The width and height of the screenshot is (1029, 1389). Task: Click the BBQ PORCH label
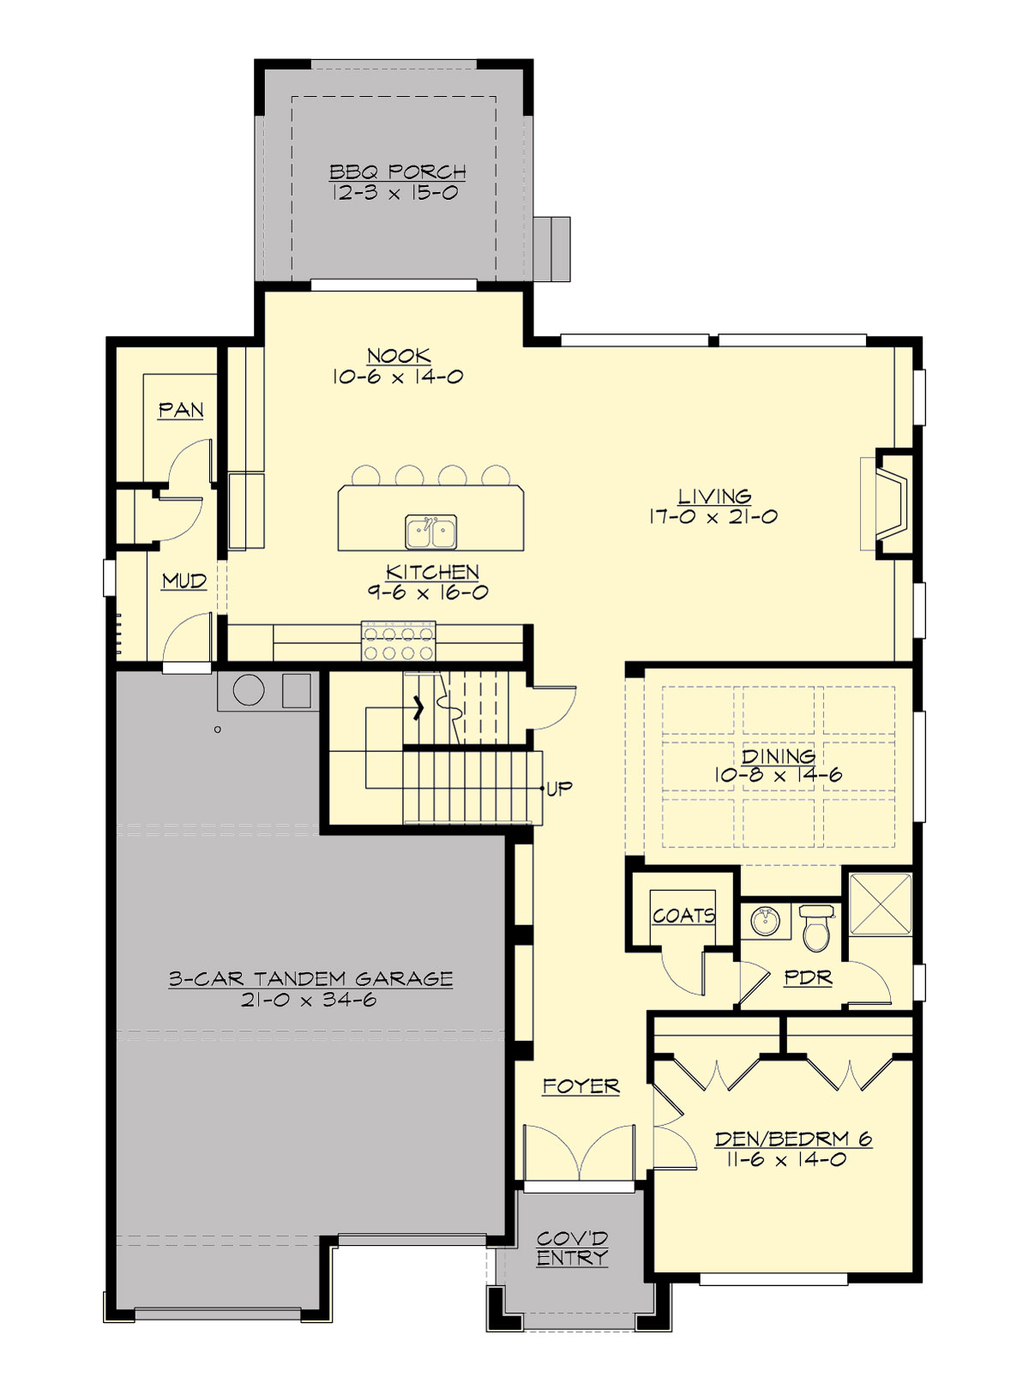click(x=398, y=171)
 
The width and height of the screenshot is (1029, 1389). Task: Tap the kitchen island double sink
click(x=430, y=532)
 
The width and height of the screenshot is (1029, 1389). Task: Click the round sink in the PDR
click(x=765, y=922)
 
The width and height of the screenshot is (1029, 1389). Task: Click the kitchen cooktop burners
click(x=400, y=643)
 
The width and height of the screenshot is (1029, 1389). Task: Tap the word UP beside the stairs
click(x=559, y=788)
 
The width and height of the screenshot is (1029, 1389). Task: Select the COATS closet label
click(x=683, y=916)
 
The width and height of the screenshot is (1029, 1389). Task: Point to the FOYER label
click(x=581, y=1086)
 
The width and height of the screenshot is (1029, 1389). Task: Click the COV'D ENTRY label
click(x=572, y=1248)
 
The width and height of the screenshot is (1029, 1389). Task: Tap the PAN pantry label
click(x=181, y=411)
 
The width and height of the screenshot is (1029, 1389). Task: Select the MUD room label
click(x=184, y=581)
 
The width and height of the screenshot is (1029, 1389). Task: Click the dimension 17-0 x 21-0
click(x=713, y=517)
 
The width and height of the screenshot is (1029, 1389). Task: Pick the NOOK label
click(x=399, y=356)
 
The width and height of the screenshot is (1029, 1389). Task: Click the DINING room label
click(x=778, y=755)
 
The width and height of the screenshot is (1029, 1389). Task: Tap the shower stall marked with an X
click(x=881, y=905)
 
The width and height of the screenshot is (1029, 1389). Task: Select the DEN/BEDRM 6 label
click(x=793, y=1139)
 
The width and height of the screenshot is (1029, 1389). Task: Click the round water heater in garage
click(x=249, y=690)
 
